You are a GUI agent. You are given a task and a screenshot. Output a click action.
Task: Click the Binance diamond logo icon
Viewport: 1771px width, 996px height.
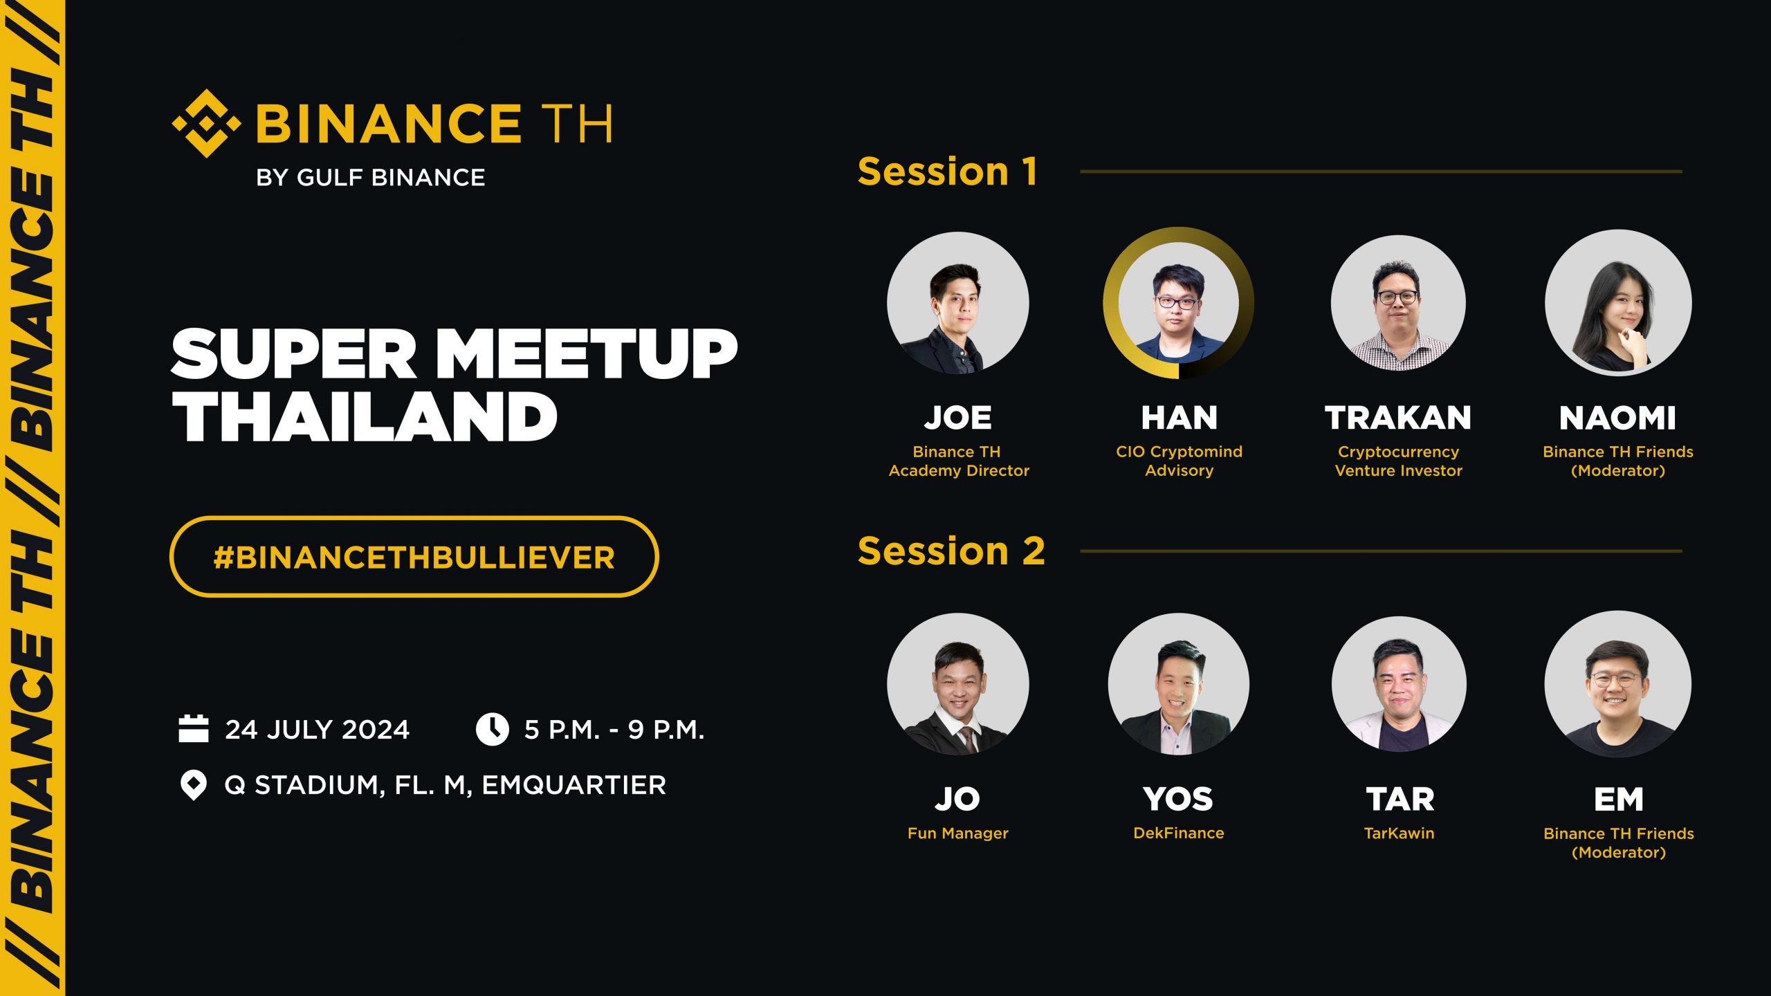(206, 123)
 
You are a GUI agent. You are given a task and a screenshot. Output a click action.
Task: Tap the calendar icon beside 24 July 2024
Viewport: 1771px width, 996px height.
(194, 729)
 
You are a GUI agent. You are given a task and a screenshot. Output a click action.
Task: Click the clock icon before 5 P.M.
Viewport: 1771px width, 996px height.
(493, 729)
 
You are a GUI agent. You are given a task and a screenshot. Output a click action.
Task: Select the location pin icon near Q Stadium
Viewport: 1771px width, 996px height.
(194, 785)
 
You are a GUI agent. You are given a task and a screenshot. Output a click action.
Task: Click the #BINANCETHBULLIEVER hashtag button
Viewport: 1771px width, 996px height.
(414, 557)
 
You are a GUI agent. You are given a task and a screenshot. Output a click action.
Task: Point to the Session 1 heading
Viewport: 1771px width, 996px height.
(948, 171)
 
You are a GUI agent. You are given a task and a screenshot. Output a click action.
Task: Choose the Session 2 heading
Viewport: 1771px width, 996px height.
(951, 551)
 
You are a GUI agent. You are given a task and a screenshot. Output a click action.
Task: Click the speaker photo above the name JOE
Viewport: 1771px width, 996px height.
(958, 303)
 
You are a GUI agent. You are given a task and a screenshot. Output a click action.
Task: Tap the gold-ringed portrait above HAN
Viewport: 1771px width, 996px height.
(1178, 303)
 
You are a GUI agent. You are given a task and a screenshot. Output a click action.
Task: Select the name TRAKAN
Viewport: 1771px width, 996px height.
(1398, 418)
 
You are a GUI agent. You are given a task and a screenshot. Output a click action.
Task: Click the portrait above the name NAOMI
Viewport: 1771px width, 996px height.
(1618, 303)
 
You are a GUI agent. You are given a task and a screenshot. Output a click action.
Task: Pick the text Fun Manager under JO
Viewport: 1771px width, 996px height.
(958, 833)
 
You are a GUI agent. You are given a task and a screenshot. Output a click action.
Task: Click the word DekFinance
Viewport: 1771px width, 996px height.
(1178, 833)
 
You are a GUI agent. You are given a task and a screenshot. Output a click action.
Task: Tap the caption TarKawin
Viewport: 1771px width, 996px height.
(1399, 833)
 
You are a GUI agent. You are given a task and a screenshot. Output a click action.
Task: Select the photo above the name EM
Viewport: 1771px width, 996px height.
(1618, 684)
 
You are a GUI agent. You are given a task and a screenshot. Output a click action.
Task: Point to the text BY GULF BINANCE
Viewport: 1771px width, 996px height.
(370, 178)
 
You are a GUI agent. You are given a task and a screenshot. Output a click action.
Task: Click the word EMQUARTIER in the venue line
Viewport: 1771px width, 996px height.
(573, 785)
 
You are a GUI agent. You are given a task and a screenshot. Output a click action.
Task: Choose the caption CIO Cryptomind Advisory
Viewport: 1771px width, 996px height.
(1179, 461)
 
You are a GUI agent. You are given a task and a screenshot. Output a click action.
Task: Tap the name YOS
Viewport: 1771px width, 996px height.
(1178, 799)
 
